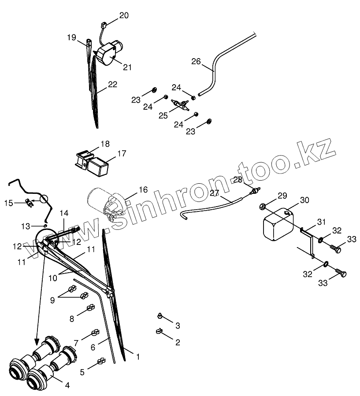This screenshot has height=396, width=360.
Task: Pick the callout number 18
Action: pos(105,144)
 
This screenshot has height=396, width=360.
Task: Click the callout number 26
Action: pos(196,61)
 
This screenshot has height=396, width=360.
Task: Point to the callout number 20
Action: pos(124,15)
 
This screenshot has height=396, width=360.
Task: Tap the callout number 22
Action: pos(112,84)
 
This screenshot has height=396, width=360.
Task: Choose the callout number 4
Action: pos(67,385)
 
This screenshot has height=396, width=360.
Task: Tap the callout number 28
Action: pos(238,180)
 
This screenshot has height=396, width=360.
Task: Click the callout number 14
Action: pos(64,214)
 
